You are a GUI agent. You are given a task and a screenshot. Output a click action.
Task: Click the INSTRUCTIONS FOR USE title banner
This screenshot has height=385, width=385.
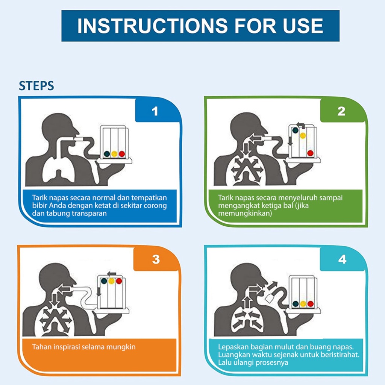[x=200, y=26]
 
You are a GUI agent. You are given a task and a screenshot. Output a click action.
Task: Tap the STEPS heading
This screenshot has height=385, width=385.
[x=36, y=86]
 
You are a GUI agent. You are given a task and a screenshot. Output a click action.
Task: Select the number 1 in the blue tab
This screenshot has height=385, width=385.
[x=155, y=111]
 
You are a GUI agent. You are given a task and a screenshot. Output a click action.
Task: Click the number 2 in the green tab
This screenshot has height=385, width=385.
[x=341, y=111]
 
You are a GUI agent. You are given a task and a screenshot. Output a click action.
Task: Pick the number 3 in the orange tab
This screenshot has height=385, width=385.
[x=156, y=259]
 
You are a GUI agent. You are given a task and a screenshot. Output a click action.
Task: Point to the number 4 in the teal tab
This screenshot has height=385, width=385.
[x=342, y=259]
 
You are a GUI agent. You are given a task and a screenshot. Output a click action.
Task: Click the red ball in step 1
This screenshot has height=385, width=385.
[x=122, y=154]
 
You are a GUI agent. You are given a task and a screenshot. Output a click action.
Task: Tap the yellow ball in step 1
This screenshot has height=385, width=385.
[x=114, y=154]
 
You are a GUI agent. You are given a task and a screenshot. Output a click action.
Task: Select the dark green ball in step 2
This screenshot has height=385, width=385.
[x=295, y=130]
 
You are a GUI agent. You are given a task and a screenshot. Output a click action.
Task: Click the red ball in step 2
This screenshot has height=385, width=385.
[x=310, y=153]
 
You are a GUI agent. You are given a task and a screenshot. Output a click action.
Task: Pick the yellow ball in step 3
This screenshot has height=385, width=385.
[x=111, y=281]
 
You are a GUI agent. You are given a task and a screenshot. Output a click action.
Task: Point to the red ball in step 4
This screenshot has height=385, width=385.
[x=311, y=304]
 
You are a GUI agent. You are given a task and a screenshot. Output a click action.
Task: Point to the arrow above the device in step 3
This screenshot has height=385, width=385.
[x=112, y=274]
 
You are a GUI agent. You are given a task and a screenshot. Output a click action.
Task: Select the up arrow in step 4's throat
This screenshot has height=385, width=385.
[x=246, y=302]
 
